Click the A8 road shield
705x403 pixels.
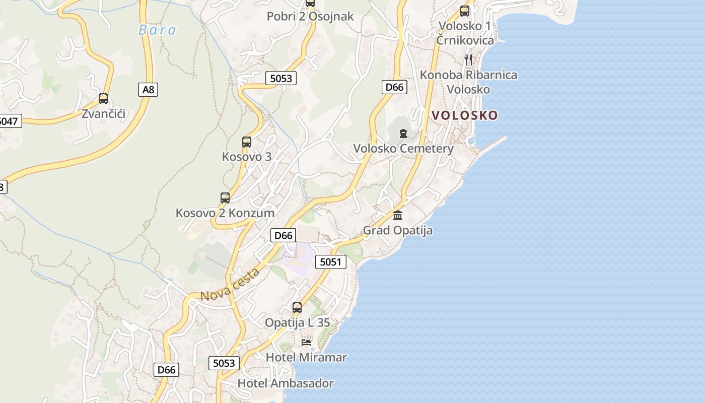pyautogui.click(x=148, y=90)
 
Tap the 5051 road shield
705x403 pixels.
pyautogui.click(x=331, y=261)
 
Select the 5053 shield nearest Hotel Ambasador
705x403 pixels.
pyautogui.click(x=224, y=363)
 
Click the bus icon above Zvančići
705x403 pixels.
pyautogui.click(x=103, y=99)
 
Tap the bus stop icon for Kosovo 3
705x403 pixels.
pyautogui.click(x=246, y=142)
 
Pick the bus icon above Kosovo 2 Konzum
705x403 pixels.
pyautogui.click(x=225, y=198)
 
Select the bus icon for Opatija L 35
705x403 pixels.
pyautogui.click(x=297, y=308)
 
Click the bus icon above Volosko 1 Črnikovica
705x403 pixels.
pyautogui.click(x=465, y=11)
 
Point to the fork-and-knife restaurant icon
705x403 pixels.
pyautogui.click(x=468, y=60)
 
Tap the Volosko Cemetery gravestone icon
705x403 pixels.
pyautogui.click(x=403, y=133)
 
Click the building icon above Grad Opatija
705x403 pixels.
pyautogui.click(x=398, y=216)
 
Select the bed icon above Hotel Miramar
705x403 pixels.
pyautogui.click(x=306, y=343)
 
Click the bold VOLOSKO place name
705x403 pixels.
pyautogui.click(x=464, y=115)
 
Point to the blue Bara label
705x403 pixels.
pyautogui.click(x=157, y=30)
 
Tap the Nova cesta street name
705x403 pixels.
pyautogui.click(x=230, y=285)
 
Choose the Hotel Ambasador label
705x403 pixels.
pyautogui.click(x=285, y=383)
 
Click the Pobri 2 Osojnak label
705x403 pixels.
pyautogui.click(x=310, y=17)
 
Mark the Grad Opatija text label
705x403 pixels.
pyautogui.click(x=398, y=231)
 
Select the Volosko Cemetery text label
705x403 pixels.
pyautogui.click(x=403, y=149)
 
